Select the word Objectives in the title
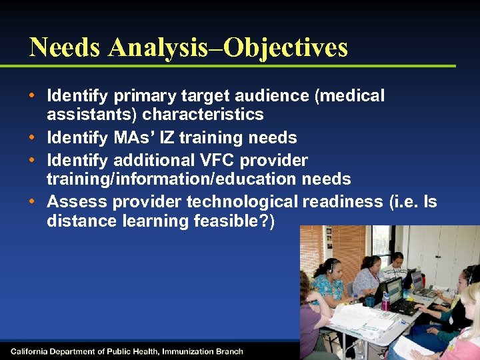[287, 47]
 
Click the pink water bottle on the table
[385, 302]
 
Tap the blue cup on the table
[370, 300]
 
